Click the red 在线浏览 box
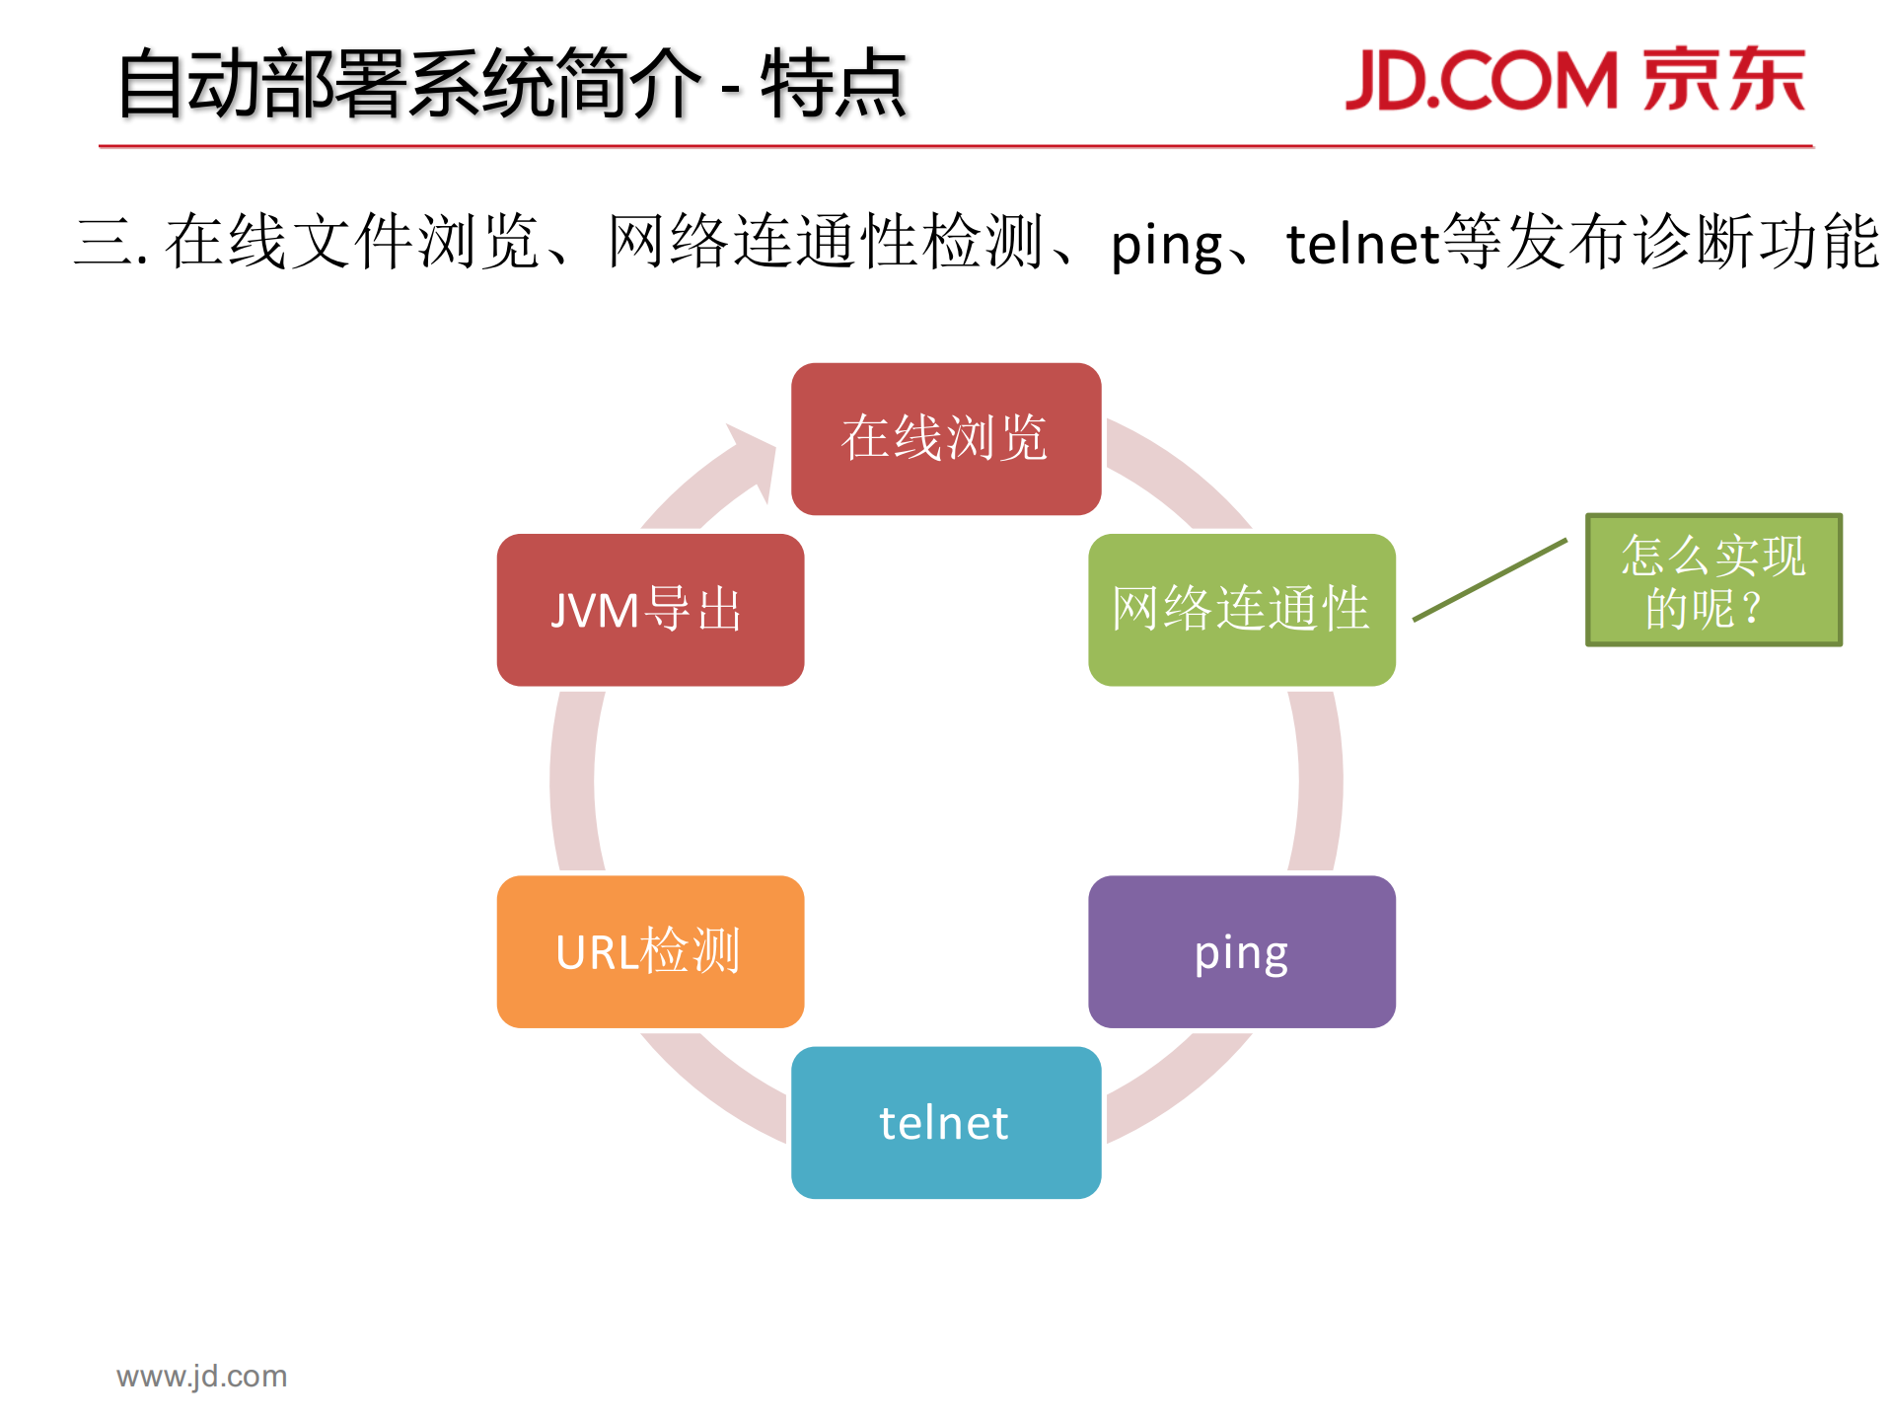pos(945,438)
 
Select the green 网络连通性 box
pos(1241,609)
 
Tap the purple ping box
pos(1241,951)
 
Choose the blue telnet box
pos(945,1122)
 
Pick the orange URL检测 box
pos(650,951)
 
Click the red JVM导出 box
pos(650,609)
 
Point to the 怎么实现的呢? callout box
pos(1712,580)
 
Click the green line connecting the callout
pos(1490,580)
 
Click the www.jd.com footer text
pos(201,1376)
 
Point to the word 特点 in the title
pos(834,85)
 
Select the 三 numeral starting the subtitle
pos(104,243)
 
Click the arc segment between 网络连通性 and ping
pos(1319,780)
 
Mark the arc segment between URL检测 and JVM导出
pos(573,780)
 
